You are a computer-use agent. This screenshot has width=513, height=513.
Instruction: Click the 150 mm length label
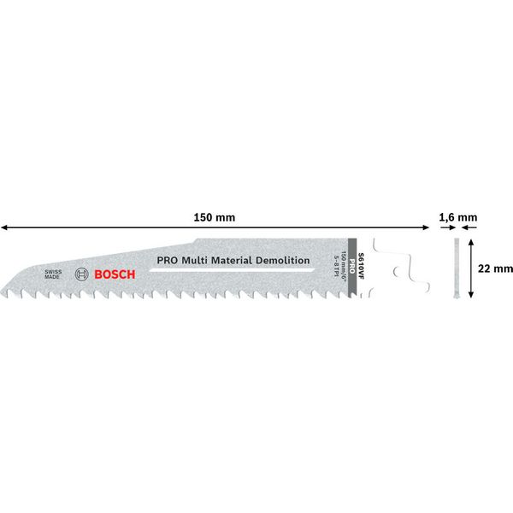coord(215,218)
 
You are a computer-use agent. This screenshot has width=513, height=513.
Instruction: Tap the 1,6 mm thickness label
coord(457,218)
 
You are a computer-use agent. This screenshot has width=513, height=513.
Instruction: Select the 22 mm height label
coord(495,268)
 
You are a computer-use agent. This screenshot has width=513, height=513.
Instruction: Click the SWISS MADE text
coord(53,274)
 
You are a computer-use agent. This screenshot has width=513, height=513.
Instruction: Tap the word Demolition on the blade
coord(278,260)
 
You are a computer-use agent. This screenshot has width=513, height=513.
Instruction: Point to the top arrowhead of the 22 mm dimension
coord(475,244)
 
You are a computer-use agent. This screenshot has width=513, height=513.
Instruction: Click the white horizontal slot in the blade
coord(231,269)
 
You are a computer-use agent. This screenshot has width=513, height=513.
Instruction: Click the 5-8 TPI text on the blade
coord(339,266)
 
